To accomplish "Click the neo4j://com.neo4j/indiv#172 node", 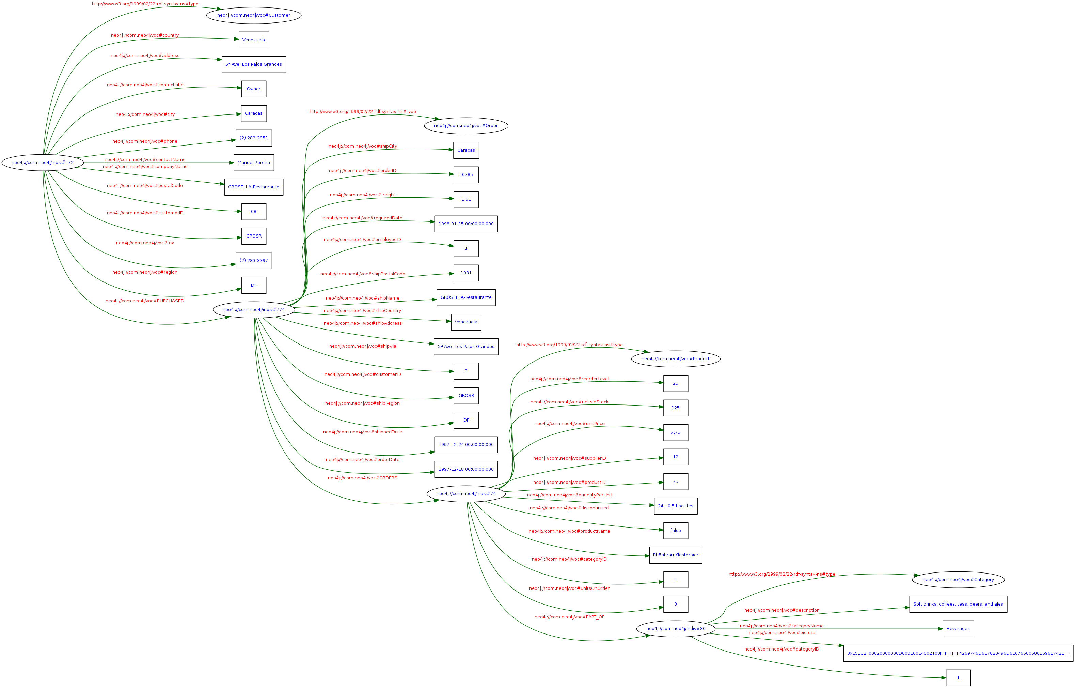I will (x=43, y=163).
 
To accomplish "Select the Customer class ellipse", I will (x=254, y=15).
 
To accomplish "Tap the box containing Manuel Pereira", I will (x=254, y=163).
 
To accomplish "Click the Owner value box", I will (x=254, y=89).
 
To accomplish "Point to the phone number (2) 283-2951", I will (x=254, y=138).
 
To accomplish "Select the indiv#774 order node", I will (x=254, y=310).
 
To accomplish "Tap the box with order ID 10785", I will (x=466, y=175).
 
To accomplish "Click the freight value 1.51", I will (x=466, y=199).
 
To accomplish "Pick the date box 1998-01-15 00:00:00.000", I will (x=466, y=224).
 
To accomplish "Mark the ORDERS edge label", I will (x=363, y=478).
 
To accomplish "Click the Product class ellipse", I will (x=676, y=359).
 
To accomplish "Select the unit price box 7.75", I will (x=676, y=432).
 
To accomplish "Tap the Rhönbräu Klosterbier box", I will (x=676, y=555).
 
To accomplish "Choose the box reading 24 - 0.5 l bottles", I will (x=676, y=506).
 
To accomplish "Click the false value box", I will (x=676, y=531).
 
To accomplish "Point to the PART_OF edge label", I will (x=569, y=617).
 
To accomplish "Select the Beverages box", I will (x=958, y=629).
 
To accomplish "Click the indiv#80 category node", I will (x=676, y=629).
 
